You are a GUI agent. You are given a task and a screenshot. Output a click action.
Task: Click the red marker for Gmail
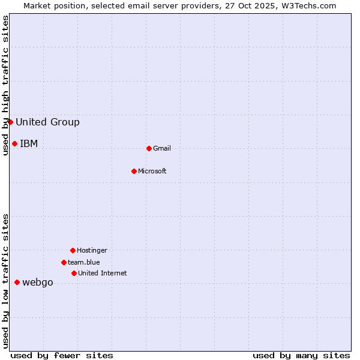[149, 148]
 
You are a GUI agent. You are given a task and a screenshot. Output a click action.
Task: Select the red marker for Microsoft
[134, 171]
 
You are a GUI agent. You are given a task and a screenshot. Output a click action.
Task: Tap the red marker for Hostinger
[73, 250]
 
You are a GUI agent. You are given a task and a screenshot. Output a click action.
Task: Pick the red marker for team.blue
[64, 262]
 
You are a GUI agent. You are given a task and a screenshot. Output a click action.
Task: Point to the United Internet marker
[74, 273]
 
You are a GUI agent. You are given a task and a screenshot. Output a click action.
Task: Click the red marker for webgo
[17, 283]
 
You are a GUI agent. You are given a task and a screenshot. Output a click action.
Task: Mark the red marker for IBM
[14, 143]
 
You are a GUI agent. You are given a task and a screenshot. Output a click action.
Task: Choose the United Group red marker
[10, 122]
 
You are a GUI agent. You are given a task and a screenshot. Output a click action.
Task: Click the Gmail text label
[162, 148]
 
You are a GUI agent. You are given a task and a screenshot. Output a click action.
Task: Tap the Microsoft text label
[152, 171]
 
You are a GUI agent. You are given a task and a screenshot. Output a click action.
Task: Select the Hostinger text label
[92, 250]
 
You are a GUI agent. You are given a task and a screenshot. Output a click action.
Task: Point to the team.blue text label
[84, 262]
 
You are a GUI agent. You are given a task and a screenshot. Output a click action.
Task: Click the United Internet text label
[103, 273]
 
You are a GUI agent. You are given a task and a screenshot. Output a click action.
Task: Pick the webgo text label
[38, 283]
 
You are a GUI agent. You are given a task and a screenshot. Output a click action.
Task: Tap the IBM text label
[29, 143]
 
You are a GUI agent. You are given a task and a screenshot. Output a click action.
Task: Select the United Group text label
[47, 122]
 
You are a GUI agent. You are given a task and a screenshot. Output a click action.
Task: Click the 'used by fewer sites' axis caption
[62, 355]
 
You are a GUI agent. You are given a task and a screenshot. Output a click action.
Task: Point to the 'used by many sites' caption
[301, 355]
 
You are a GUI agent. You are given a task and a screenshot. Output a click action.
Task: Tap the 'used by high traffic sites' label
[5, 85]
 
